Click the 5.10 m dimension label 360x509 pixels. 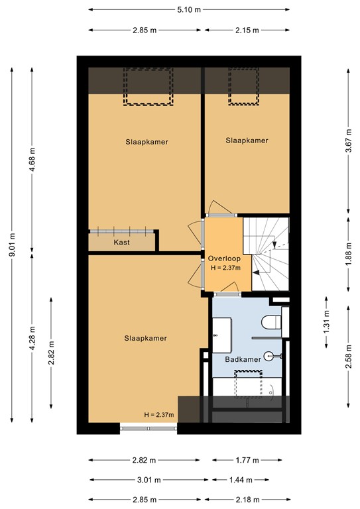coord(189,10)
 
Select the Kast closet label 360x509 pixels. coord(121,243)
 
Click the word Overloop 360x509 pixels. coord(223,258)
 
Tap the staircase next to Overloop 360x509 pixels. coord(267,253)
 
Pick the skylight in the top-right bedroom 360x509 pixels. coord(243,86)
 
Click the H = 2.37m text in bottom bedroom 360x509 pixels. coord(158,415)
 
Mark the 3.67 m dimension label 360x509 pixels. coord(348,141)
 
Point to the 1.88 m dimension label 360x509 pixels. coord(348,253)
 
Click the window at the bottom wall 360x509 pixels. coord(149,428)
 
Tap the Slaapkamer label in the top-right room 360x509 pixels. coord(247,141)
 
